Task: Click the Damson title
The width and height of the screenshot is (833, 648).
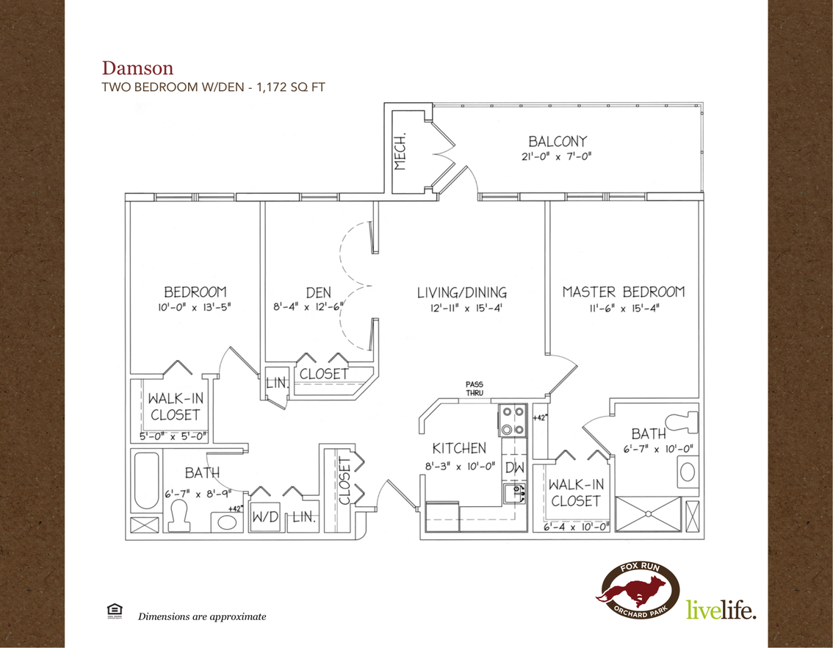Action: (x=137, y=68)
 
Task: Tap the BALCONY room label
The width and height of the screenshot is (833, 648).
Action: (x=558, y=141)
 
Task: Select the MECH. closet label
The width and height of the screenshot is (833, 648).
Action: (x=400, y=151)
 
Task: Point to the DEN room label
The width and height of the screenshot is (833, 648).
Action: (x=318, y=292)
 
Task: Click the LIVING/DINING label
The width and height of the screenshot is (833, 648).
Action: (x=461, y=292)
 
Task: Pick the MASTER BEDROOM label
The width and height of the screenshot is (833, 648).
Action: (x=624, y=292)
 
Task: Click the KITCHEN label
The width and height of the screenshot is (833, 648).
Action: (x=459, y=448)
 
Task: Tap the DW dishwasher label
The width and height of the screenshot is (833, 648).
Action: (x=514, y=468)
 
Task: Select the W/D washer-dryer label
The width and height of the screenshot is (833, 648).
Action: (x=265, y=516)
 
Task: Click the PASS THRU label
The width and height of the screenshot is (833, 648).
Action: (x=475, y=388)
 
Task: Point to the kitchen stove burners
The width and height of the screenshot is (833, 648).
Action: (x=513, y=420)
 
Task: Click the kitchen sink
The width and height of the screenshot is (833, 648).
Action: (x=514, y=494)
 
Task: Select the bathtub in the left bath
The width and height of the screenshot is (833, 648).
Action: (x=146, y=480)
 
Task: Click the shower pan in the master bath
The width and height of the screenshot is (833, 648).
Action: (x=648, y=514)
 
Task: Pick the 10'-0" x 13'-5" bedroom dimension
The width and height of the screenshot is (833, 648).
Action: (x=194, y=307)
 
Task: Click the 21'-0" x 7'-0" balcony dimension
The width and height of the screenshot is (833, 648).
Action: (x=556, y=156)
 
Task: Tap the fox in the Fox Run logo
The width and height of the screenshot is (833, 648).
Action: (x=633, y=591)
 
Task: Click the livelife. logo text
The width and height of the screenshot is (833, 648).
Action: (x=721, y=609)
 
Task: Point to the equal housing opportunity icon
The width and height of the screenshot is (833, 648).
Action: (x=114, y=611)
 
